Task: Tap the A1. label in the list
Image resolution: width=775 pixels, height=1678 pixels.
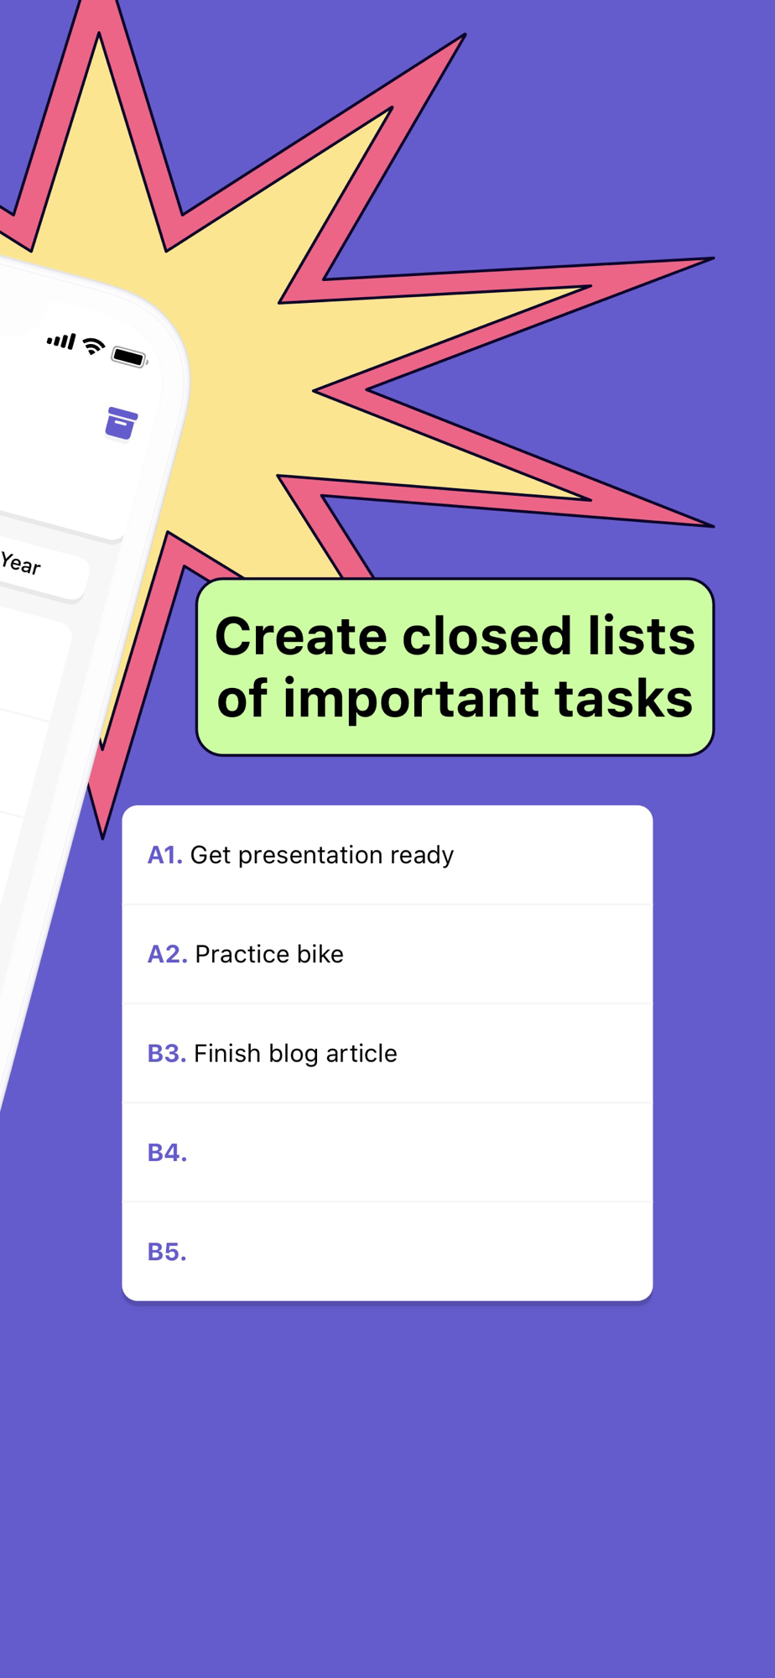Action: tap(165, 855)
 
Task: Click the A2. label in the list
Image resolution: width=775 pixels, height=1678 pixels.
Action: tap(168, 954)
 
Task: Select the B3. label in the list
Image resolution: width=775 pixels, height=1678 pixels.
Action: tap(167, 1053)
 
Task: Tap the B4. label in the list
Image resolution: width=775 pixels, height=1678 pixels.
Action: tap(167, 1153)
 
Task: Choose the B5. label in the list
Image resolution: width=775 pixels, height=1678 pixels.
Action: tap(167, 1252)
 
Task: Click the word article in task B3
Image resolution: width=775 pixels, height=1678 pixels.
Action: tap(361, 1053)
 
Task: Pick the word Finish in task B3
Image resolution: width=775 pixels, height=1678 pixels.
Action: tap(227, 1053)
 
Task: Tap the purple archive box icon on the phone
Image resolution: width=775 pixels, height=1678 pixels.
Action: tap(121, 423)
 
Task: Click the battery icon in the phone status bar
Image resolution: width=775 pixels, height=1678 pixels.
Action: tap(130, 357)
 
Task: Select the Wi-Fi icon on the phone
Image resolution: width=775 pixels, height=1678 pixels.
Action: tap(93, 346)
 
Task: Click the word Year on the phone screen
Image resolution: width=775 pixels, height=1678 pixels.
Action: tap(20, 563)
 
